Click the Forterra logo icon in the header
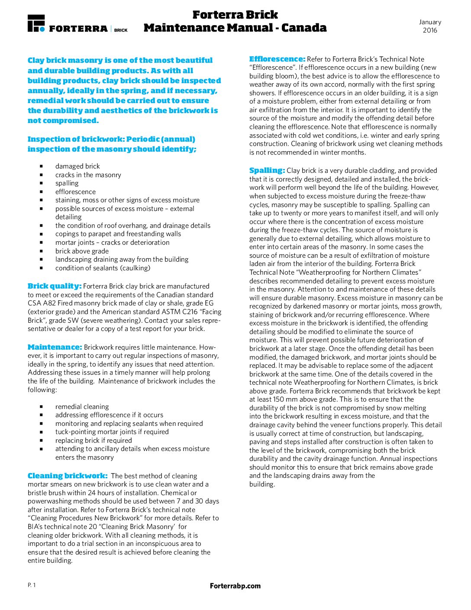36,23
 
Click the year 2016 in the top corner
430,30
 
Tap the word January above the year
430,22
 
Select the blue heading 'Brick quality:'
55,286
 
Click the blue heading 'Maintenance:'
55,347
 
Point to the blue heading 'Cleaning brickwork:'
68,476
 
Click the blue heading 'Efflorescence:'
277,59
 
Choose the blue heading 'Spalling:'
267,170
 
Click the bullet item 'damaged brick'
77,166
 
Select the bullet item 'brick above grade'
82,251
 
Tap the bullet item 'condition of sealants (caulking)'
103,268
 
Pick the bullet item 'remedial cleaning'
82,407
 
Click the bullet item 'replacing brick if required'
94,441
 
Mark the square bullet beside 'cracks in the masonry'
42,175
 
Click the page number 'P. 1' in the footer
32,585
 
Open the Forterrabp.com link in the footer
235,586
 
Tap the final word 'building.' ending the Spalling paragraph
262,484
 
